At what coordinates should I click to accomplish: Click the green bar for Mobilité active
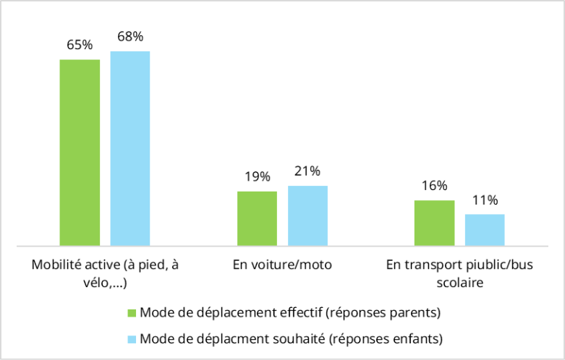click(x=80, y=153)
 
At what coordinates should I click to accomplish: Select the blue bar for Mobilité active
click(x=130, y=148)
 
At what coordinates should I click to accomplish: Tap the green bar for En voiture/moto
click(x=257, y=218)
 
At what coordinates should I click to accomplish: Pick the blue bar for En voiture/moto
click(x=307, y=215)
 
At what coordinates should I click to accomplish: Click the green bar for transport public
click(x=434, y=223)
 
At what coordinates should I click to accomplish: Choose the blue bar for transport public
click(x=485, y=230)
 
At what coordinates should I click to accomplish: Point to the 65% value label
click(x=80, y=45)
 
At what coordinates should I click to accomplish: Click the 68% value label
click(x=130, y=36)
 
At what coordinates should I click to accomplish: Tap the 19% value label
click(x=257, y=176)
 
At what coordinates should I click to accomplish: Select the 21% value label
click(x=307, y=171)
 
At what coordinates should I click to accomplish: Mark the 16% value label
click(x=434, y=186)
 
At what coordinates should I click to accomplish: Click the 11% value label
click(x=485, y=200)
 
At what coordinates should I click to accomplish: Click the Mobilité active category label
click(x=105, y=273)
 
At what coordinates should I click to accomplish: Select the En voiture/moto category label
click(x=282, y=265)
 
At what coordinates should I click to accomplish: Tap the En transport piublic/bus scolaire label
click(x=459, y=273)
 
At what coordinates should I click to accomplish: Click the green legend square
click(x=132, y=314)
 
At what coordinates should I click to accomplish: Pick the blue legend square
click(x=132, y=338)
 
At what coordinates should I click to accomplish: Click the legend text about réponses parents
click(x=290, y=313)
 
